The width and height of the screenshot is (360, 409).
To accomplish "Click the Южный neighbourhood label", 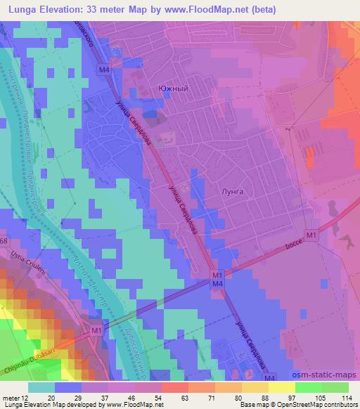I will click(173, 89).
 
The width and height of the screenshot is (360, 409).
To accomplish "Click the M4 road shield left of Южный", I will click(103, 70).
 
